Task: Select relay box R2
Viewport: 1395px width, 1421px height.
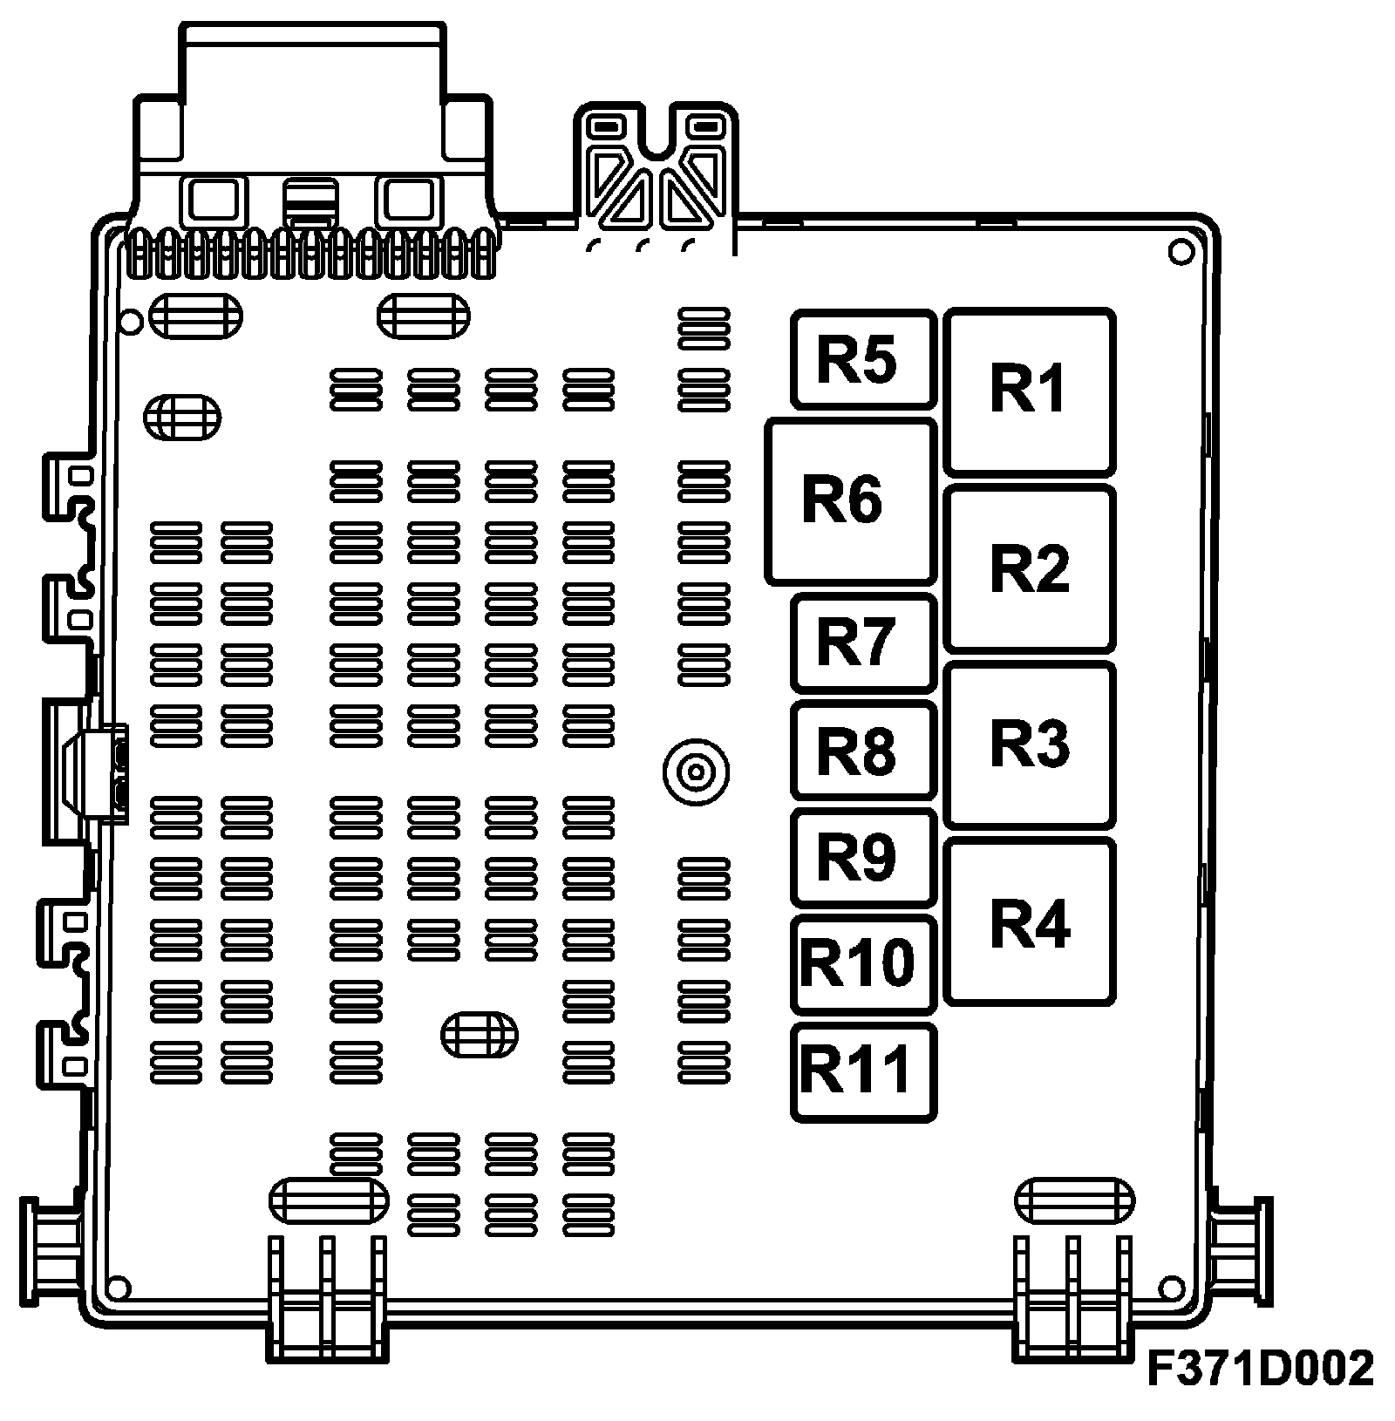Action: pos(1029,568)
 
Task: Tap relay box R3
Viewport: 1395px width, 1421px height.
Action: pos(1029,744)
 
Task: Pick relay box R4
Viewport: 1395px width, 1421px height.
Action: pos(1029,922)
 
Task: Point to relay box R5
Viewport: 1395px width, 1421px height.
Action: pos(863,358)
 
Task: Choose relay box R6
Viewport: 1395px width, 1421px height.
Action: pos(850,501)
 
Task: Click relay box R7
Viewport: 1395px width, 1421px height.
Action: pos(863,643)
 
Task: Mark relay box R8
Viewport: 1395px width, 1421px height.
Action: pos(863,750)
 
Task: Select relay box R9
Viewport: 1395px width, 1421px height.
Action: pos(863,857)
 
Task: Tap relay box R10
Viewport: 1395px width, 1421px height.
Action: pos(863,964)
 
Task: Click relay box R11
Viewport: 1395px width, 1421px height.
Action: pos(863,1071)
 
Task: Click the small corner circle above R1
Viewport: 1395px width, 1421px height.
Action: pos(1180,253)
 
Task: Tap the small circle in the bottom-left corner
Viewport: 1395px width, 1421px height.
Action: pos(116,1288)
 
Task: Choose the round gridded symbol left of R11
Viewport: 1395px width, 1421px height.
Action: pos(479,1035)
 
